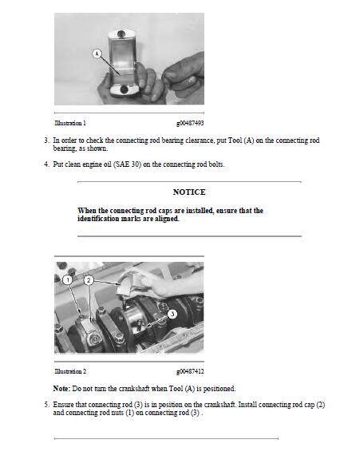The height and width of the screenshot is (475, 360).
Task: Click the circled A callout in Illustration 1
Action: pyautogui.click(x=97, y=54)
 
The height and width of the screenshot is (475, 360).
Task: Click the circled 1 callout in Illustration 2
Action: pyautogui.click(x=68, y=279)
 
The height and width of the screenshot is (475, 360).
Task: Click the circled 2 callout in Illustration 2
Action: pyautogui.click(x=89, y=279)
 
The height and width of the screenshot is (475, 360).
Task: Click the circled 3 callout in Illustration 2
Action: pyautogui.click(x=172, y=314)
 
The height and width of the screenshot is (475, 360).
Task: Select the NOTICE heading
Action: pyautogui.click(x=189, y=192)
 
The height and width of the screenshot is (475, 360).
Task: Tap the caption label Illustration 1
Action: pyautogui.click(x=70, y=123)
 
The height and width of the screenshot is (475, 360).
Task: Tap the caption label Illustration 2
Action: pyautogui.click(x=70, y=371)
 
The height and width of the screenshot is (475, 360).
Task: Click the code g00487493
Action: pyautogui.click(x=190, y=123)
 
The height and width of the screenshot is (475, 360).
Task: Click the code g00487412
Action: pyautogui.click(x=190, y=371)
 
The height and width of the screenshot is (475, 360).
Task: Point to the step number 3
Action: pyautogui.click(x=46, y=141)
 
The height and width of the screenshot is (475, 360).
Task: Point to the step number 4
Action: pyautogui.click(x=46, y=164)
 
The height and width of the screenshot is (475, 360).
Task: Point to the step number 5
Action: pyautogui.click(x=46, y=405)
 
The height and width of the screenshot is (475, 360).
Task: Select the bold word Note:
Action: pyautogui.click(x=61, y=389)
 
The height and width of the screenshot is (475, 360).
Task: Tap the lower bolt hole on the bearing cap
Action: pyautogui.click(x=125, y=89)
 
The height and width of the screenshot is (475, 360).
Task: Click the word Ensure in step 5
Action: pyautogui.click(x=62, y=405)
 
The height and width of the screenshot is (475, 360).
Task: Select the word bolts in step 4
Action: pyautogui.click(x=216, y=164)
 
